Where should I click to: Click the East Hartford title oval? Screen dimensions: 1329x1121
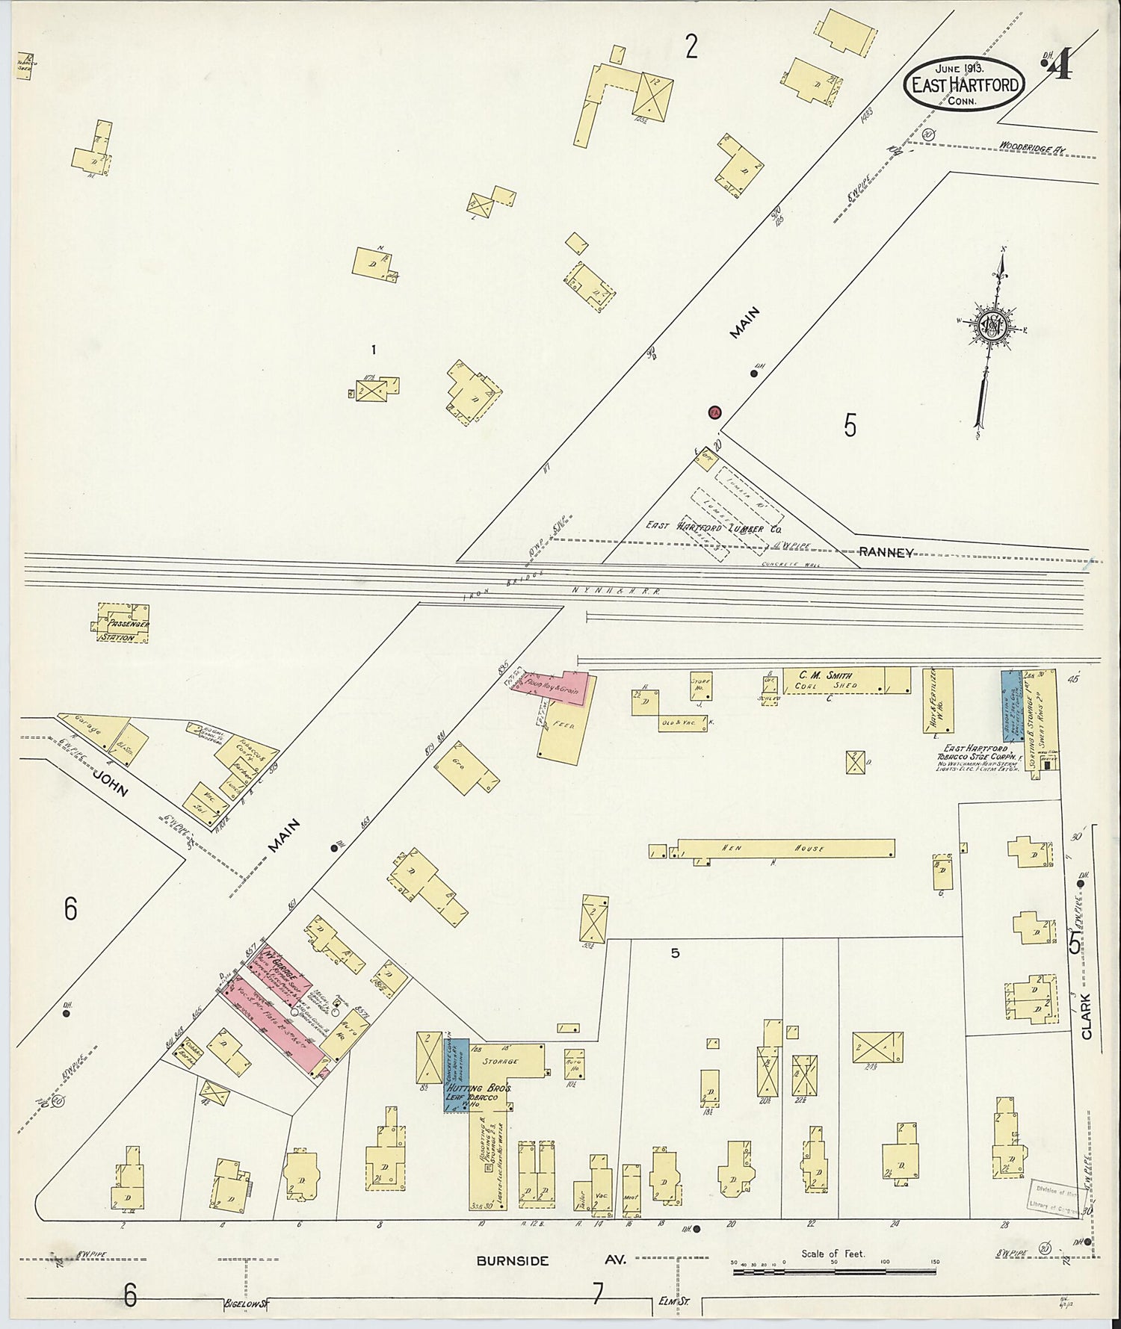tap(964, 84)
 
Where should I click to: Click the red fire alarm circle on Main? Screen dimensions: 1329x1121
tap(714, 412)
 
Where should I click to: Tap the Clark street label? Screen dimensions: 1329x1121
tap(1086, 1016)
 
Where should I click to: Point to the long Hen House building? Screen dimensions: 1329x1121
tap(785, 848)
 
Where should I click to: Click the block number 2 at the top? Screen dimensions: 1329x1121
tap(691, 47)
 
